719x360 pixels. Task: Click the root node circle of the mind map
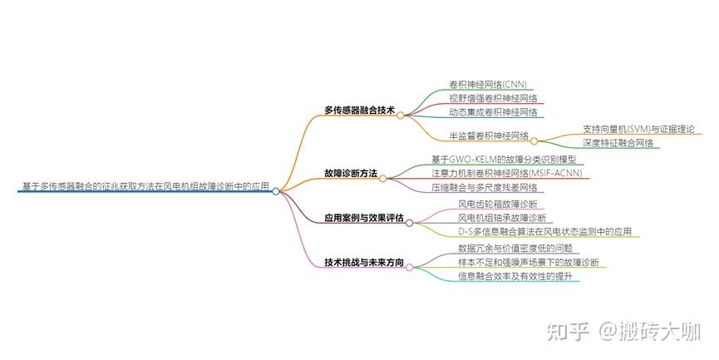pos(276,191)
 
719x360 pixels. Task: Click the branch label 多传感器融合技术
pos(359,111)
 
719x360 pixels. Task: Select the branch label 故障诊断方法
pos(351,174)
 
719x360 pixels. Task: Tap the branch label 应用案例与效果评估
pos(364,218)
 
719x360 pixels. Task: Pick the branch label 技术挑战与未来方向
pos(364,263)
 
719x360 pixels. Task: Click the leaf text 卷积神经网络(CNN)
pos(488,84)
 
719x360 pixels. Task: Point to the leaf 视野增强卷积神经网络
pos(493,98)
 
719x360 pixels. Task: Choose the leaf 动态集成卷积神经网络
pos(493,112)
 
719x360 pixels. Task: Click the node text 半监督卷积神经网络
pos(489,136)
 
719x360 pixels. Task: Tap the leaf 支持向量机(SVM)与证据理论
pos(638,129)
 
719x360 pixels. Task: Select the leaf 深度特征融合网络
pos(618,143)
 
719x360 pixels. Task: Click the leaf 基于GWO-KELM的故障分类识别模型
pos(504,160)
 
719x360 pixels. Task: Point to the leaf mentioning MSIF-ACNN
pos(507,174)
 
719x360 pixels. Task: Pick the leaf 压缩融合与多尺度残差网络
pos(485,187)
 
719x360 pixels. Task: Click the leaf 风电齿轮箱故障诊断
pos(498,204)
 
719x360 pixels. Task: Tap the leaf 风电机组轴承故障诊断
pos(502,218)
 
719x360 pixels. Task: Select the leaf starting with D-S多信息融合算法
pos(544,232)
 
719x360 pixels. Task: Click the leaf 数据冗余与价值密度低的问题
pos(515,248)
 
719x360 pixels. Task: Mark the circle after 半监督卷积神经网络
pos(534,141)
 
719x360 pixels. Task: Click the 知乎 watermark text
pos(568,331)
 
